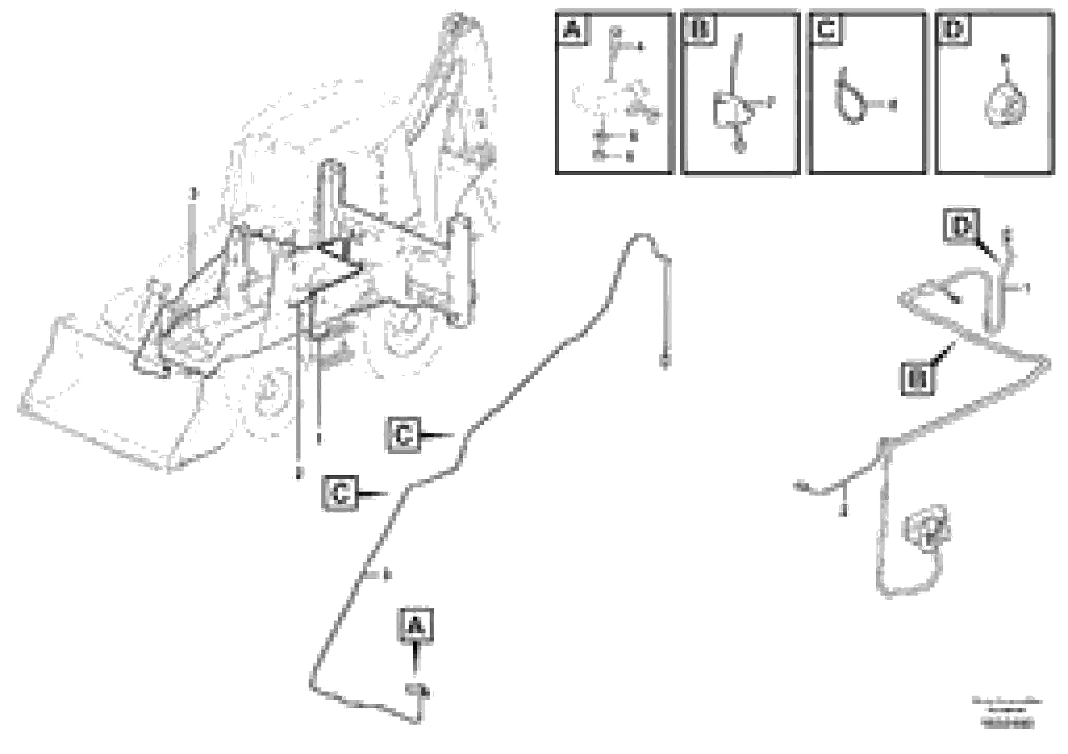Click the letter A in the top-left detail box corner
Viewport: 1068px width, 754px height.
point(572,30)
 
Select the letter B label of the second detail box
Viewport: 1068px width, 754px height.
point(700,30)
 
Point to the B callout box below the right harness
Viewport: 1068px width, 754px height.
point(918,378)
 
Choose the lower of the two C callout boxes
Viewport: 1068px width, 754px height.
point(340,493)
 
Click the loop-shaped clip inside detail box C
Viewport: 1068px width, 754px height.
point(850,98)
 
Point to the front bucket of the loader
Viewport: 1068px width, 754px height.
point(107,395)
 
